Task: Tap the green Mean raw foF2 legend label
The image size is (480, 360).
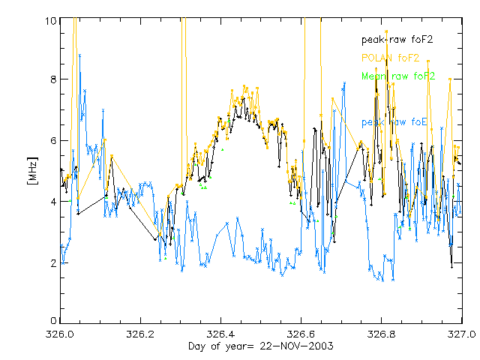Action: pos(398,76)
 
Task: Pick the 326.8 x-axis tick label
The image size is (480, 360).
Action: pos(382,334)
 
